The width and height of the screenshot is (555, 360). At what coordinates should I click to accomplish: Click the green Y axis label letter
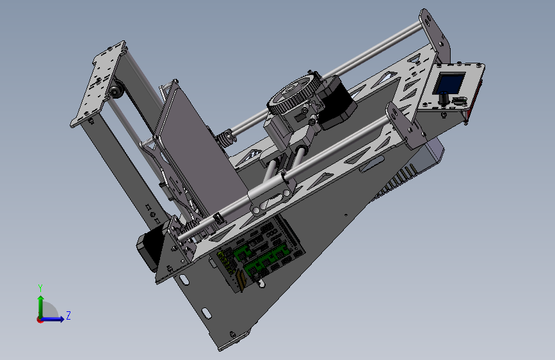pyautogui.click(x=40, y=288)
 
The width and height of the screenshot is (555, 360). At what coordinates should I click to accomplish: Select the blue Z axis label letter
pyautogui.click(x=68, y=315)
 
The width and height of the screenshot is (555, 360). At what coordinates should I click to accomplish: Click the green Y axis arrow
pyautogui.click(x=41, y=307)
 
